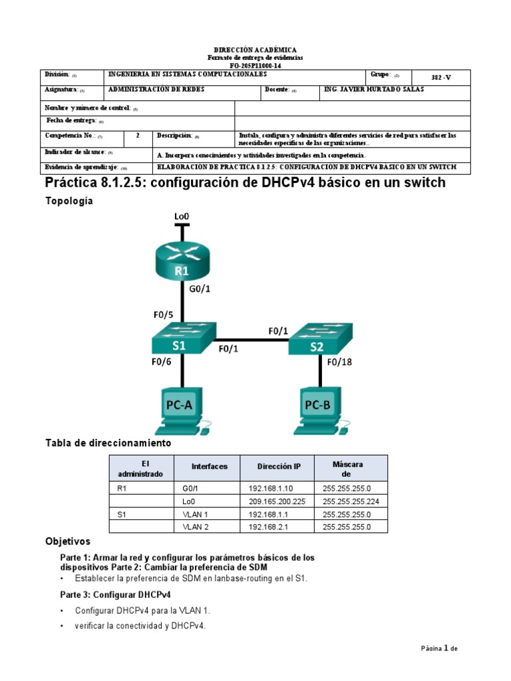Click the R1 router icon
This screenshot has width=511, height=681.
tap(182, 261)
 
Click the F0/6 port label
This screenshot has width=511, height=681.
tap(161, 362)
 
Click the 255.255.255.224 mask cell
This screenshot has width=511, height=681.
tap(351, 501)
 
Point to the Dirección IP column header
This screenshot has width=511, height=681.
tap(279, 467)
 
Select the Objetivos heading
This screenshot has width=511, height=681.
tap(67, 541)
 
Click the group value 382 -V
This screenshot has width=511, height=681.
tap(440, 77)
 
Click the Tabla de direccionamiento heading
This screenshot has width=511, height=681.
tap(108, 442)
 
